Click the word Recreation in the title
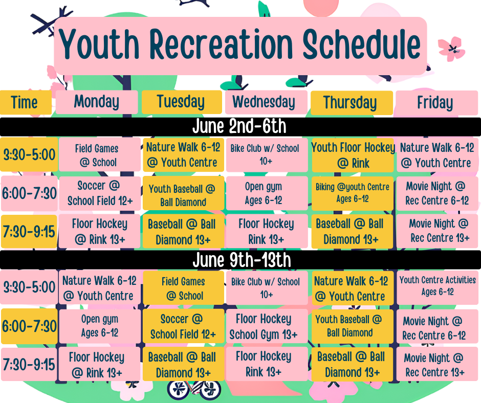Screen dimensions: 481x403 [221, 44]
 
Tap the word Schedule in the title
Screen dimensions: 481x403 [361, 44]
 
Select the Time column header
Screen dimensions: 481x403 [26, 102]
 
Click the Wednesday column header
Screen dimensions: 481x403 [266, 102]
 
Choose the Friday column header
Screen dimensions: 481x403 [436, 102]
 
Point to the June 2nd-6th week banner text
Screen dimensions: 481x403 [239, 126]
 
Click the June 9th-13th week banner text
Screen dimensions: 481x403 [242, 260]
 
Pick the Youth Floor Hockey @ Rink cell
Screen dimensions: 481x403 [353, 155]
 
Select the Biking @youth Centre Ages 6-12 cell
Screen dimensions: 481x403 [353, 193]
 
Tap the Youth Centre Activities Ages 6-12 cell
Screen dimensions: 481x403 [438, 287]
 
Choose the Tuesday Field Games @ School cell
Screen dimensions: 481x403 [183, 288]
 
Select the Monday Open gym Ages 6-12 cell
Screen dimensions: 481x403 [99, 326]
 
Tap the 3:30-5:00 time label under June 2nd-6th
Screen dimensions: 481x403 [29, 154]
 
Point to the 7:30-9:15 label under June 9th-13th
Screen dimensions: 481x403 [29, 364]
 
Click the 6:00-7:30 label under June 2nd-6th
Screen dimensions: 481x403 [29, 193]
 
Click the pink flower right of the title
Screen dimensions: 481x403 [451, 49]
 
